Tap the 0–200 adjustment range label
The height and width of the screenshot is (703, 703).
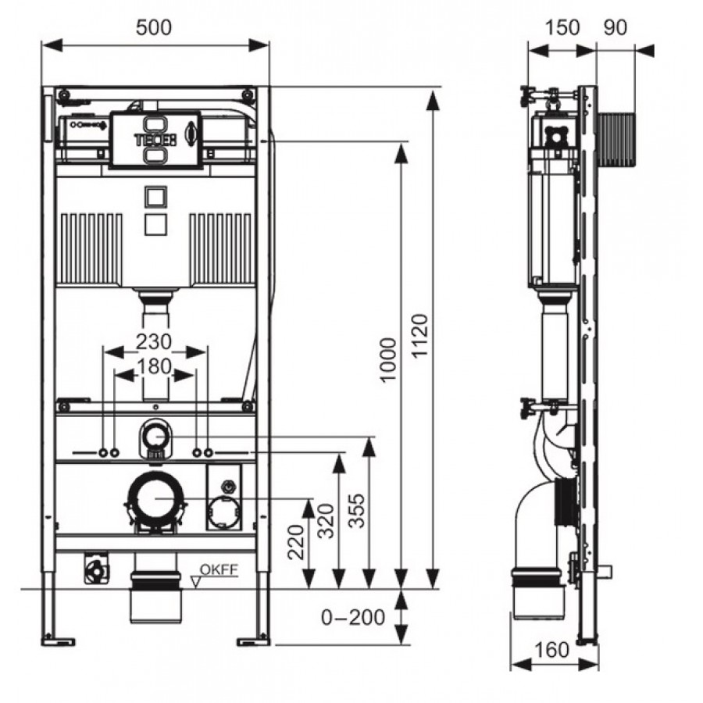354,617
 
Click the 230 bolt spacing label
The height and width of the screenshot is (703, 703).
154,341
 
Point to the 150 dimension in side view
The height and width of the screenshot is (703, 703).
562,27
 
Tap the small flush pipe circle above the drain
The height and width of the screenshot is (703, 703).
155,436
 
